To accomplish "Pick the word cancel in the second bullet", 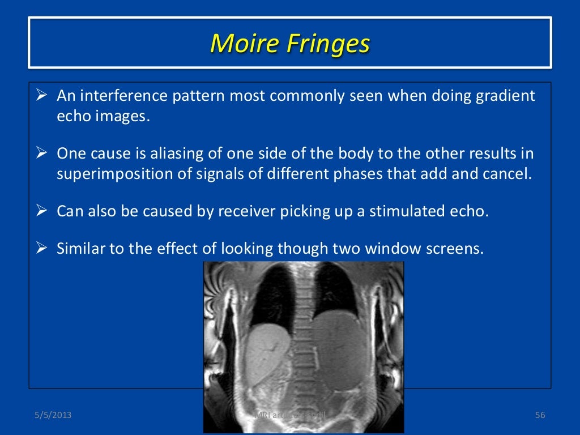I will click(512, 173).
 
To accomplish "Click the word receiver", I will click(246, 211).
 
